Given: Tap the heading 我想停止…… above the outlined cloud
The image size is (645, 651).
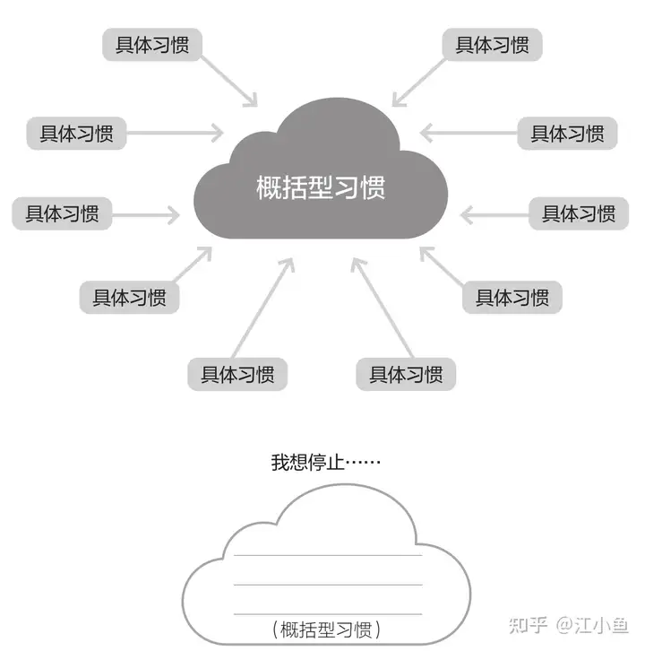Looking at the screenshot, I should (x=326, y=464).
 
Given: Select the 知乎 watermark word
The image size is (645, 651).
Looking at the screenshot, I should (x=529, y=625).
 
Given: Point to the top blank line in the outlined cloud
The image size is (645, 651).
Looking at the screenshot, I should (x=327, y=556).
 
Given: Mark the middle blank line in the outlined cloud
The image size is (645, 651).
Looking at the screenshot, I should (x=327, y=585).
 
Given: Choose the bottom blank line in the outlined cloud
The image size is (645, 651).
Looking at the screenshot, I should (x=327, y=613).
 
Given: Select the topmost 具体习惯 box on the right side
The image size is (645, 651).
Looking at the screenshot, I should (x=492, y=45).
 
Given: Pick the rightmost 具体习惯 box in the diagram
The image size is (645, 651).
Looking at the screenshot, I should (x=578, y=214).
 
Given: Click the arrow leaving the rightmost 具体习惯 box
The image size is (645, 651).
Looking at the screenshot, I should (x=493, y=214).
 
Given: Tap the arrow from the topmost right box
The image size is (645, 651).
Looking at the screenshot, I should (x=420, y=78).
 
